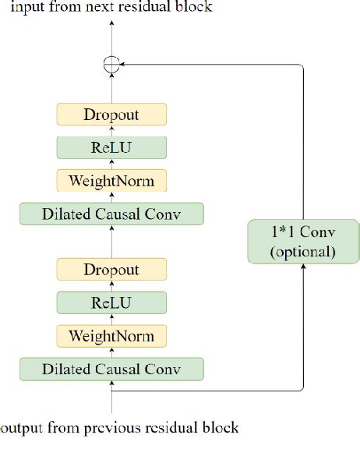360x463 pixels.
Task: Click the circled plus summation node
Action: click(x=111, y=65)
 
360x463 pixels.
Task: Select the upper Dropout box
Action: click(x=111, y=115)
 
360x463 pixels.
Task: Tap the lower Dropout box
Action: click(x=111, y=270)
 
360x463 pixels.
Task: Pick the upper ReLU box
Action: click(x=111, y=147)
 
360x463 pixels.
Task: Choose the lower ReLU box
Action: click(x=111, y=302)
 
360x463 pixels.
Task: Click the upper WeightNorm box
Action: click(x=111, y=181)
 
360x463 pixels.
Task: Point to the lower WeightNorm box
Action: click(x=111, y=336)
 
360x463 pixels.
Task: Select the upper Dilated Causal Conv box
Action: click(x=111, y=214)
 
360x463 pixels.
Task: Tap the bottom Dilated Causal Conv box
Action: click(x=111, y=369)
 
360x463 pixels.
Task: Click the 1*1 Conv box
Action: click(x=302, y=241)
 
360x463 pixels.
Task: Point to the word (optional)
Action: click(x=302, y=252)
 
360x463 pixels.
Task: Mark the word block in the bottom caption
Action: click(x=221, y=427)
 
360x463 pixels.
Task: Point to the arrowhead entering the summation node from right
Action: click(x=125, y=65)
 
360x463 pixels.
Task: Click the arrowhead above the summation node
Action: click(x=111, y=23)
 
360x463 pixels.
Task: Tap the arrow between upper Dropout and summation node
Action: click(x=111, y=88)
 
